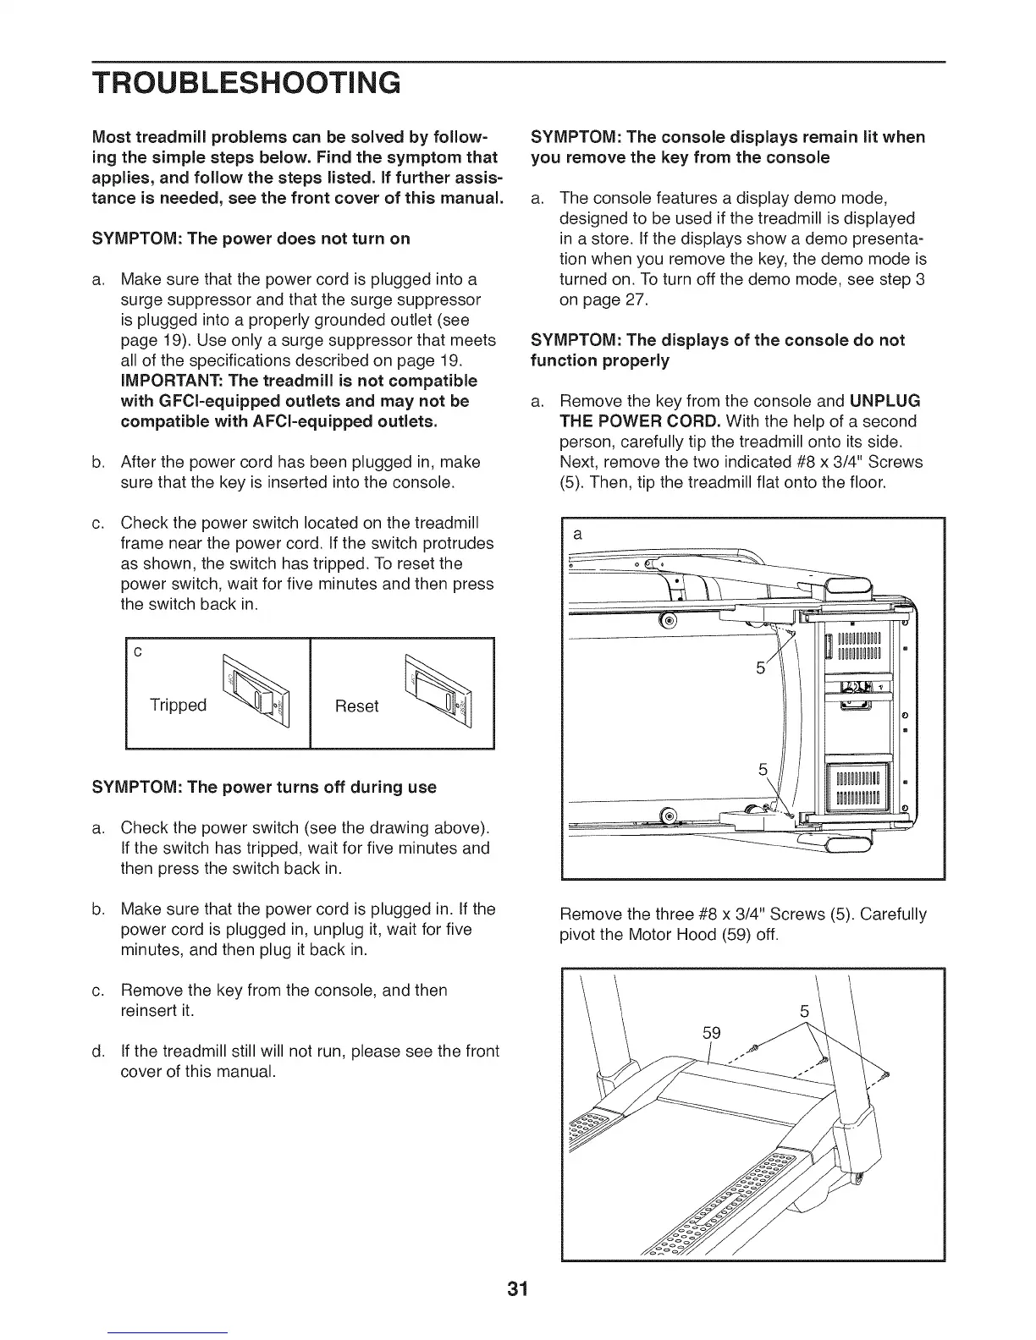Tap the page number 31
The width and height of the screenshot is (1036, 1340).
coord(518,1289)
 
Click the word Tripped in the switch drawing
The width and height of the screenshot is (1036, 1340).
coord(178,705)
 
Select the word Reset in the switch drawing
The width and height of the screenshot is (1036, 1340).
coord(356,706)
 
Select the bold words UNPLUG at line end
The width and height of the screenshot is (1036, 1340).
coord(886,400)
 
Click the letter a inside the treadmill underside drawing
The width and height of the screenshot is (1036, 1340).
coord(577,535)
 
